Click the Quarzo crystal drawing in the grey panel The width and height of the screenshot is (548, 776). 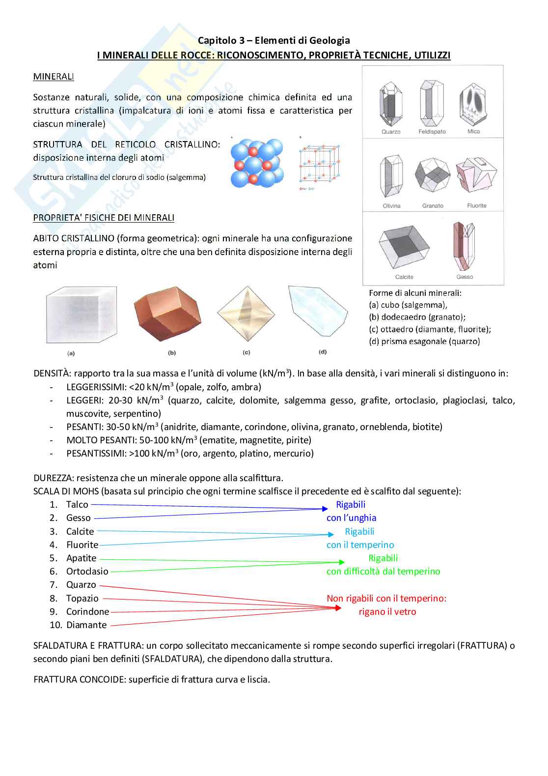pos(391,103)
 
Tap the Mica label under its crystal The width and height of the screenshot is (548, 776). pos(473,132)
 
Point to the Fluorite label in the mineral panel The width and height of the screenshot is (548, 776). pos(476,206)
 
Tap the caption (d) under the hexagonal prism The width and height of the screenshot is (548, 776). pos(323,352)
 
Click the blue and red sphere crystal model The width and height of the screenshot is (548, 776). pos(257,163)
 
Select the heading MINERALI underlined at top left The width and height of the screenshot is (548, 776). pos(54,77)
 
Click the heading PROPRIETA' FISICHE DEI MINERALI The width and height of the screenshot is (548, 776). pos(104,218)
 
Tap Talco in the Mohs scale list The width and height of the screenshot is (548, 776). pos(77,505)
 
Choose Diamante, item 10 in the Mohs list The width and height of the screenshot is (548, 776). pos(86,625)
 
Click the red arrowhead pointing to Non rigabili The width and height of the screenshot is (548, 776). pos(337,608)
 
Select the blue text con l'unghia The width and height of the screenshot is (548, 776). pos(351,518)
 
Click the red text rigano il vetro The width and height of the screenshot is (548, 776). pos(387,612)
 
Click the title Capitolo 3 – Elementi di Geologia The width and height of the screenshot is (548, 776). pos(274,40)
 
